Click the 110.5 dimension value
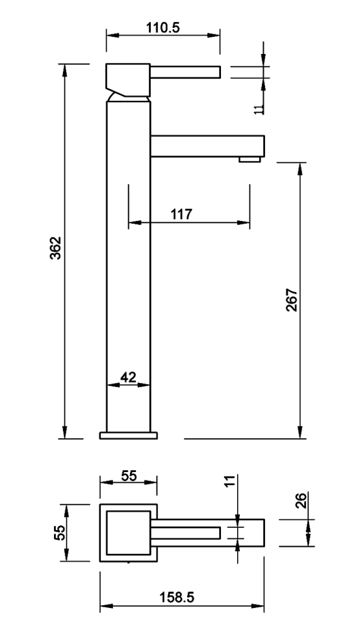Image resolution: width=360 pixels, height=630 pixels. point(162,28)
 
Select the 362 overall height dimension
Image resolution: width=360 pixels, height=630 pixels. point(55,248)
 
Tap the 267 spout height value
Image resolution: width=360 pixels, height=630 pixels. point(292,300)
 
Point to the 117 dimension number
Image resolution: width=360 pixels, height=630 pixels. point(181,214)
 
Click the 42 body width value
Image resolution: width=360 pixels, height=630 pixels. point(128,377)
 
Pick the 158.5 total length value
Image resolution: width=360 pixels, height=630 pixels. point(177,597)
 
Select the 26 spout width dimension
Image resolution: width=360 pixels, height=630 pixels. point(302,500)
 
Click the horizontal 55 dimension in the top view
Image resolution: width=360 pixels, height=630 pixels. point(129,476)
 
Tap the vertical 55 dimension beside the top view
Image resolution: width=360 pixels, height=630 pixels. point(60,532)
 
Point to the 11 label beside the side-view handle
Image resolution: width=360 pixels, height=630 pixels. point(259,109)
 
